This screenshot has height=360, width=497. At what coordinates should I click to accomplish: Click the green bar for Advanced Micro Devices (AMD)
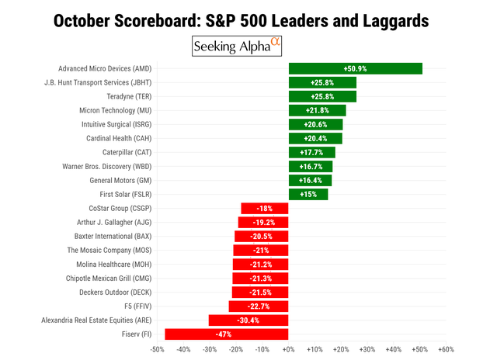click(355, 68)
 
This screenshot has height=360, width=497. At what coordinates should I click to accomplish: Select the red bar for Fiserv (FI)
click(226, 334)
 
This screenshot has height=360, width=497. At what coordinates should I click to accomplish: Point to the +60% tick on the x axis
click(446, 350)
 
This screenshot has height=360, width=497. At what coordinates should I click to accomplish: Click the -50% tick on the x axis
click(157, 350)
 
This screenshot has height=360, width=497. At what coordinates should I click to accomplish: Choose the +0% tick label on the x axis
click(288, 350)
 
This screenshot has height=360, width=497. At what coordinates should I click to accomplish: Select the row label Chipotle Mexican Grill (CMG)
click(110, 278)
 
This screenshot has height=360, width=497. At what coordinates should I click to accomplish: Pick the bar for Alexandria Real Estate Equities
click(248, 320)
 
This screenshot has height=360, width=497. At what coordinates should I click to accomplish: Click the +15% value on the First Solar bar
click(308, 194)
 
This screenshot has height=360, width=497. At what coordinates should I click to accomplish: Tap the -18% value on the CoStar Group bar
click(265, 208)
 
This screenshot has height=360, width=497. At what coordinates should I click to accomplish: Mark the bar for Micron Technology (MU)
click(317, 110)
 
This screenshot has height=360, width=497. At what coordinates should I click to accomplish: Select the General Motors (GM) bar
click(310, 180)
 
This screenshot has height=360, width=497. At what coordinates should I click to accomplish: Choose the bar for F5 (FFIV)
click(259, 306)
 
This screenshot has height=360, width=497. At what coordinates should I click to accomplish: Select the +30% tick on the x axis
click(367, 350)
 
